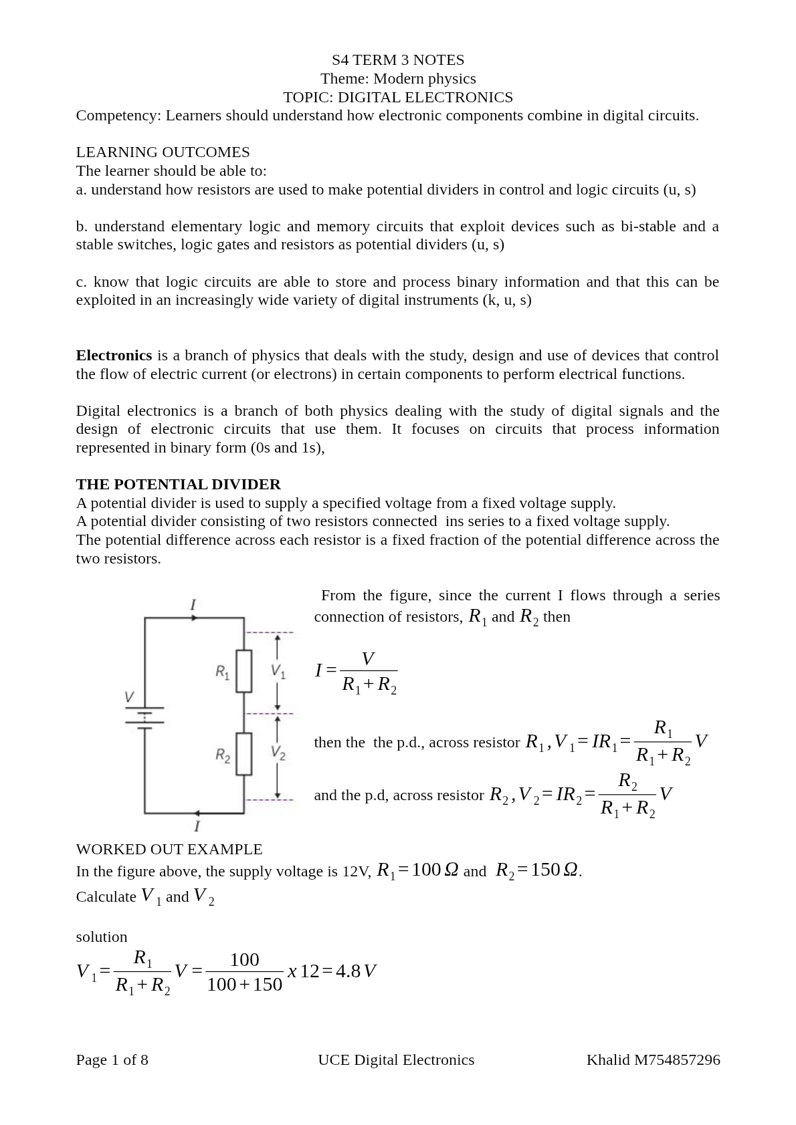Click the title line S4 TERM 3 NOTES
pos(397,60)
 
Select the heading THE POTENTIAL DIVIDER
pos(178,484)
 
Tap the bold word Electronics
pos(114,355)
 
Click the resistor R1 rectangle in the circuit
pos(244,670)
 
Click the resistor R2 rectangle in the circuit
pos(244,754)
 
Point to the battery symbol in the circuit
pos(144,717)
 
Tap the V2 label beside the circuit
pos(278,753)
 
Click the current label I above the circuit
pos(193,605)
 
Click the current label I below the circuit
pos(197,827)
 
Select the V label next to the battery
pos(129,697)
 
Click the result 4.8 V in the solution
pos(356,971)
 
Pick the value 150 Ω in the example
pos(554,870)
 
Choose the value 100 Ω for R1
pos(435,870)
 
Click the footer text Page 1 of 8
pos(112,1059)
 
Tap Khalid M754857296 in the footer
pos(653,1059)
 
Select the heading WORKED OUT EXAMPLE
pos(169,849)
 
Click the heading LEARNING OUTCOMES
pos(163,152)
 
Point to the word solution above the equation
pos(102,936)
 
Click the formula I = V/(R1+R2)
pos(357,671)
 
